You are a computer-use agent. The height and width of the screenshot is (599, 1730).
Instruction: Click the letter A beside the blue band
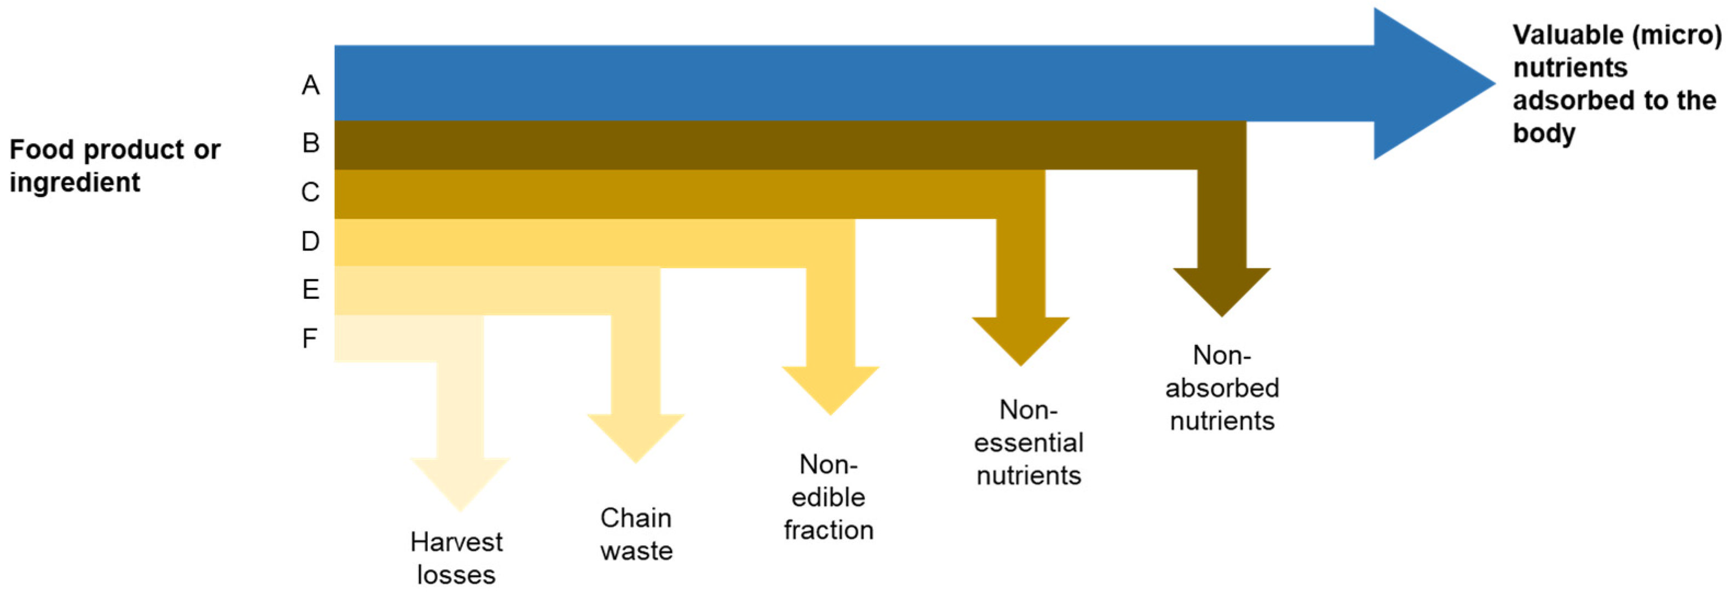(x=311, y=85)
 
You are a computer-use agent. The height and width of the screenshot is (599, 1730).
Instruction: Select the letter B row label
(x=311, y=143)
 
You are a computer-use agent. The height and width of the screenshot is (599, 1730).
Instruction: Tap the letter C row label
(x=311, y=193)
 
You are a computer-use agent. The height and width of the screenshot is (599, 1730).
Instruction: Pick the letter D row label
(x=311, y=241)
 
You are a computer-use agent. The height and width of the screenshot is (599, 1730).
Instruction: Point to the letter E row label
(x=311, y=290)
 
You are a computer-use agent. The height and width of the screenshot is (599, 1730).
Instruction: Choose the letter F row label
(x=309, y=338)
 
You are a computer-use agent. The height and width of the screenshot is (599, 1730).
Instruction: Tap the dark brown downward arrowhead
(x=1222, y=289)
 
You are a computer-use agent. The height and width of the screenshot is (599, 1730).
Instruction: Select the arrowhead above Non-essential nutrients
(x=1020, y=338)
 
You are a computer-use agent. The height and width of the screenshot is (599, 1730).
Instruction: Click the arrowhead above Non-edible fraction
(x=831, y=387)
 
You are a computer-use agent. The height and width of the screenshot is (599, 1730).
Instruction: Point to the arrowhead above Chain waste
(x=635, y=435)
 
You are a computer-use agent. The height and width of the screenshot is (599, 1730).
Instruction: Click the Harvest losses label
(x=456, y=558)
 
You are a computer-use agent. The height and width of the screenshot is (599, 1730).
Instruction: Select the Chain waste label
(x=636, y=534)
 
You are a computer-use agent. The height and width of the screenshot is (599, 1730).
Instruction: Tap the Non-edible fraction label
(x=829, y=497)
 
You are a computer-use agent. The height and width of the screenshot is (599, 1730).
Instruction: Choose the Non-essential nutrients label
(x=1028, y=442)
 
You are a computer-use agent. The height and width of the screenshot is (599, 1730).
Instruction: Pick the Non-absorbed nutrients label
(x=1222, y=388)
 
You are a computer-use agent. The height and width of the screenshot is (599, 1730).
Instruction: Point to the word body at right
(x=1543, y=133)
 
